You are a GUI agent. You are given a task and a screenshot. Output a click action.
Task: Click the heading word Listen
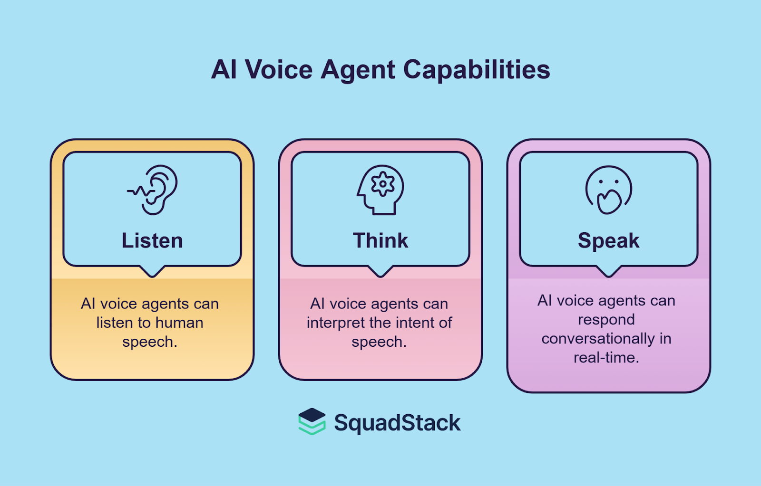click(x=152, y=240)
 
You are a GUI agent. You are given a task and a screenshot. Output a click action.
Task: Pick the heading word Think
click(x=380, y=240)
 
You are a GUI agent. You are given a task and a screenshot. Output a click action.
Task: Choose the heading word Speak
click(x=609, y=240)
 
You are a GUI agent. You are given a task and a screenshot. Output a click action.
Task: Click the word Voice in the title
click(x=279, y=70)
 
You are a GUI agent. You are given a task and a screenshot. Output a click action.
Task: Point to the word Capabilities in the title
click(x=477, y=70)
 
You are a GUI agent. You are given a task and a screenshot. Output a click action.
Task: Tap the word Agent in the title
click(x=358, y=70)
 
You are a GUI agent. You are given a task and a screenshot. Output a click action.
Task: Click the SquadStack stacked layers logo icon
click(x=312, y=421)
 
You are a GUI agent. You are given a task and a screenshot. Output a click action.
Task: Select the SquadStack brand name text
click(x=397, y=422)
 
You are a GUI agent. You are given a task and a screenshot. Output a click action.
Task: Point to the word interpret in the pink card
click(x=336, y=323)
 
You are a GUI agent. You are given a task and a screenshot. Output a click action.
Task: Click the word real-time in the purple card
click(x=606, y=357)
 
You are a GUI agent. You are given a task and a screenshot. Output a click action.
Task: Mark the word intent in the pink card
click(x=413, y=323)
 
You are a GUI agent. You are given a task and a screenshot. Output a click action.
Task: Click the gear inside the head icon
click(x=383, y=184)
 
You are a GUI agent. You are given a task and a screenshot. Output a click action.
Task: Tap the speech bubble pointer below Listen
click(x=152, y=271)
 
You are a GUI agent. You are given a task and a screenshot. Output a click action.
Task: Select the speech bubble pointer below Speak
click(x=609, y=271)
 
